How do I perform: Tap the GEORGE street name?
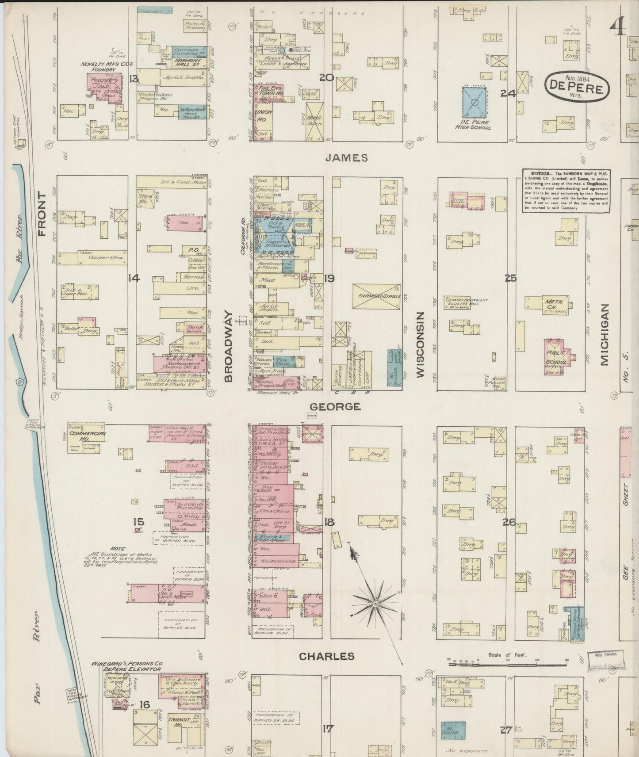(x=335, y=406)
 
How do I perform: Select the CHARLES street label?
(x=327, y=656)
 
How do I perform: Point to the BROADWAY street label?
(x=228, y=346)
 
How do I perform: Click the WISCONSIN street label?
(x=420, y=344)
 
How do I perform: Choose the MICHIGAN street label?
(x=605, y=334)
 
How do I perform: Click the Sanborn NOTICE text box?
(x=566, y=191)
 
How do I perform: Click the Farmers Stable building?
(x=377, y=296)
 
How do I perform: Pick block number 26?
(x=509, y=522)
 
